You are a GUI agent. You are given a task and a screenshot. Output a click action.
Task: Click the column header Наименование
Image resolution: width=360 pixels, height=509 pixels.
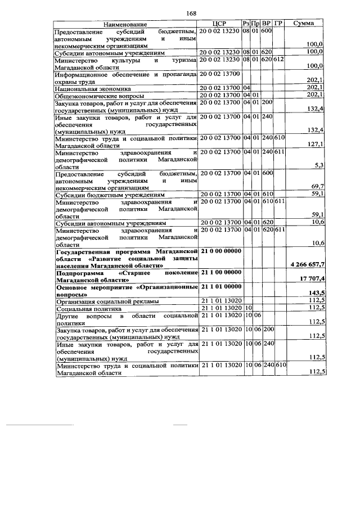124,24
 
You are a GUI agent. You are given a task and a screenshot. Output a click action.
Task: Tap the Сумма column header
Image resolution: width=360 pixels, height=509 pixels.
304,24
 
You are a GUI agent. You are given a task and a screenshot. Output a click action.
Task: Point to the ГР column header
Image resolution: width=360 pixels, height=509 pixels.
278,24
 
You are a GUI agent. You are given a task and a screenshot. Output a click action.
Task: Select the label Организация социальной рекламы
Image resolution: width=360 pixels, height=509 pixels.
107,301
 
